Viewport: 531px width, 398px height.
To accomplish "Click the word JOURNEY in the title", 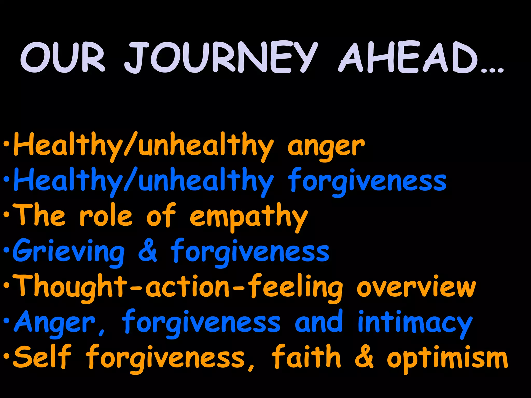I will click(x=220, y=58).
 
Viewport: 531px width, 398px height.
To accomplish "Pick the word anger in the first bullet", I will click(x=326, y=147).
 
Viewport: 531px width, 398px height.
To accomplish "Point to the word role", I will click(x=106, y=216).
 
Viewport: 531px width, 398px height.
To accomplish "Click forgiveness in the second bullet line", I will click(x=367, y=181).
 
